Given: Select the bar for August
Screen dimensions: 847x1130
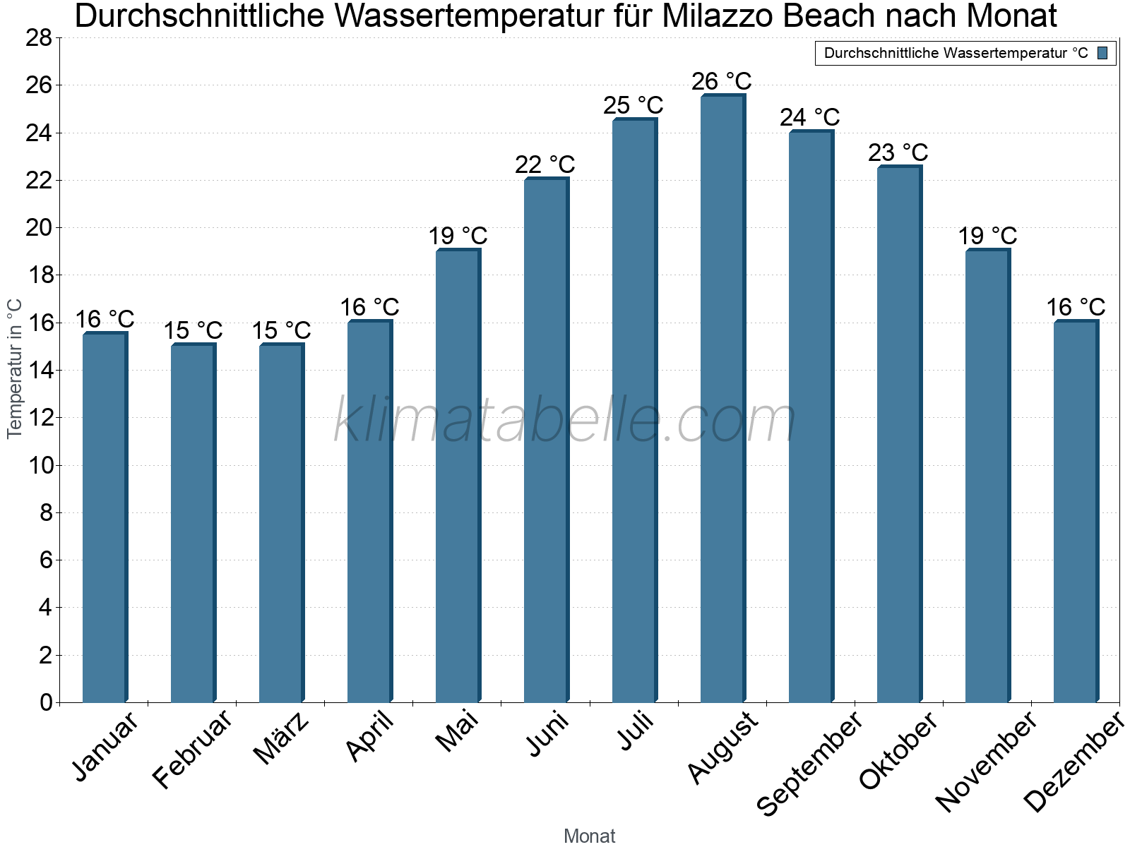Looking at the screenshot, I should coord(722,399).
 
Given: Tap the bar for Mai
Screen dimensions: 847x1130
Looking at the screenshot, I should coord(457,476).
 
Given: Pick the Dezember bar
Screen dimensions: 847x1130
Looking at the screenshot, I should coord(1075,512).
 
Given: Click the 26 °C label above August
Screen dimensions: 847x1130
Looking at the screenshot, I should coord(722,82).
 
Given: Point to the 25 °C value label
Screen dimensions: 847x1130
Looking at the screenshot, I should coord(634,106).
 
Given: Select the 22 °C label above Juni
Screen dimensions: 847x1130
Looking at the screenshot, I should coord(545,165).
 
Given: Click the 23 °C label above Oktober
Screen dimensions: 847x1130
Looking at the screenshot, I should coord(898,153).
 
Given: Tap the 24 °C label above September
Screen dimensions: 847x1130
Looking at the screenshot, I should coord(810,117).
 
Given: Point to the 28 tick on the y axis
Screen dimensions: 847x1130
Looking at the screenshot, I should coord(40,37).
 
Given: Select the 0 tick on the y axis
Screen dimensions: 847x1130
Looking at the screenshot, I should coord(47,702).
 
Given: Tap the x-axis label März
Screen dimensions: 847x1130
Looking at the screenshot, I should coord(281,738).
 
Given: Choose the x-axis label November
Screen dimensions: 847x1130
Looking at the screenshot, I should coord(986,760).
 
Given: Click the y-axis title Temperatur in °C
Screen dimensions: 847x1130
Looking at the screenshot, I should coord(15,368).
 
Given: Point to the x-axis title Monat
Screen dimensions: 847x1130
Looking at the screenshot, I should coord(590,836).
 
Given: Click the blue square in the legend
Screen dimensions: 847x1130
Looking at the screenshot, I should coord(1103,53).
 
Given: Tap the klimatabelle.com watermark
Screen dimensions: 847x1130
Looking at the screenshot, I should coord(565,420).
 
